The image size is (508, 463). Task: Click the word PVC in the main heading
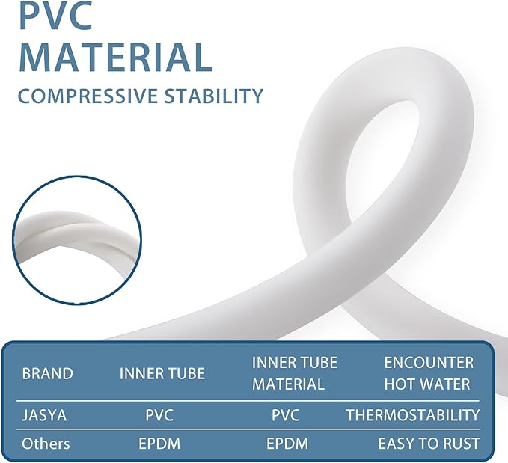pyautogui.click(x=56, y=15)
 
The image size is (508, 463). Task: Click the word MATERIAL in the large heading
pyautogui.click(x=116, y=58)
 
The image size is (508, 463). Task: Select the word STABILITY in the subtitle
pyautogui.click(x=213, y=96)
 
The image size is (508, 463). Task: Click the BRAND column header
pyautogui.click(x=47, y=373)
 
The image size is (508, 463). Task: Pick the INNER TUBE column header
pyautogui.click(x=162, y=373)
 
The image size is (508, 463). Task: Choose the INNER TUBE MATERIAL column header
pyautogui.click(x=295, y=373)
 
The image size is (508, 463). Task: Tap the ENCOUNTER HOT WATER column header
pyautogui.click(x=429, y=373)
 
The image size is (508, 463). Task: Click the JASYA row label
pyautogui.click(x=44, y=415)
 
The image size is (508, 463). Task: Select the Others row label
pyautogui.click(x=46, y=444)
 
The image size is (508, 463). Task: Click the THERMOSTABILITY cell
pyautogui.click(x=413, y=415)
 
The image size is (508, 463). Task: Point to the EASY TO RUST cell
pyautogui.click(x=429, y=444)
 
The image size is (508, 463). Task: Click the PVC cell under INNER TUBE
pyautogui.click(x=159, y=415)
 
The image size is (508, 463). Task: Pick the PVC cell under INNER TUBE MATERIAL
pyautogui.click(x=286, y=415)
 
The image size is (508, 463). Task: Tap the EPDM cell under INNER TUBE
pyautogui.click(x=159, y=444)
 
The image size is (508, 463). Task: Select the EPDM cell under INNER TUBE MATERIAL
pyautogui.click(x=287, y=444)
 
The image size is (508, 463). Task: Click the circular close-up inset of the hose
pyautogui.click(x=77, y=240)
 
